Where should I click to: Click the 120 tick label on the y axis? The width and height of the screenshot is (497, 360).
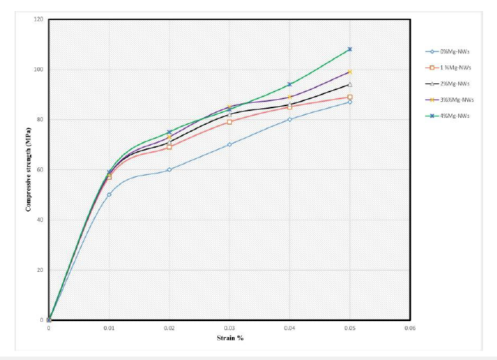pyautogui.click(x=39, y=19)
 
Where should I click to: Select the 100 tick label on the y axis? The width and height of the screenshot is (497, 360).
pyautogui.click(x=39, y=69)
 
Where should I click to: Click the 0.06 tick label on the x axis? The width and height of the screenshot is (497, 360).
pyautogui.click(x=410, y=327)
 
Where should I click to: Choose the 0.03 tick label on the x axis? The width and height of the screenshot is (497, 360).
pyautogui.click(x=229, y=327)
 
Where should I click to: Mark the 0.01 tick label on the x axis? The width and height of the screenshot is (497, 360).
pyautogui.click(x=109, y=327)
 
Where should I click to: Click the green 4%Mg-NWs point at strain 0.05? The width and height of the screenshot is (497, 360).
pyautogui.click(x=350, y=49)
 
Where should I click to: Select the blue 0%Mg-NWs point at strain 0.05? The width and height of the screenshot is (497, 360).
pyautogui.click(x=350, y=102)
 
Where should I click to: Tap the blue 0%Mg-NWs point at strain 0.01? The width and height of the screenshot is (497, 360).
pyautogui.click(x=109, y=194)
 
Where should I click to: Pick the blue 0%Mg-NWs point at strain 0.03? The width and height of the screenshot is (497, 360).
pyautogui.click(x=229, y=144)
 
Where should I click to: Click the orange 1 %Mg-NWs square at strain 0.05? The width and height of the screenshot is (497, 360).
pyautogui.click(x=350, y=97)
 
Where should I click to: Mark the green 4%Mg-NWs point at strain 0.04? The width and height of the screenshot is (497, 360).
pyautogui.click(x=289, y=85)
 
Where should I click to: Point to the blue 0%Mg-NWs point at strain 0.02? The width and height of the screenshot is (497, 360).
pyautogui.click(x=169, y=169)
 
